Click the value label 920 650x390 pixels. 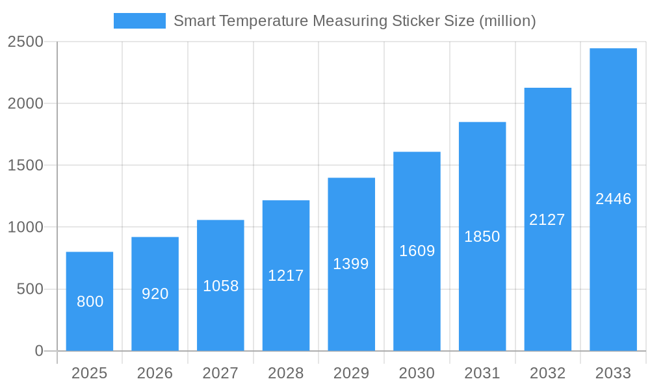(155, 294)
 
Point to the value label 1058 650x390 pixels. (221, 286)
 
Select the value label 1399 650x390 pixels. (351, 264)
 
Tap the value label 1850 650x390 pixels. (482, 237)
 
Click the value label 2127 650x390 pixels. (547, 220)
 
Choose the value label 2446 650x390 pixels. (613, 199)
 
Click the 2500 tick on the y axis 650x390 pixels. (25, 42)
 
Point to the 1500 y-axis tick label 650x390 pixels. (25, 165)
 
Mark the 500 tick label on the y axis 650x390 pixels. (30, 289)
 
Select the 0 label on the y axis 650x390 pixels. (38, 351)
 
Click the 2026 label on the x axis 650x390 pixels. (155, 373)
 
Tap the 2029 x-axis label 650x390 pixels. (351, 373)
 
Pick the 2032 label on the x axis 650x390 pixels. (547, 373)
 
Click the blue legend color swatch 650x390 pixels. (140, 21)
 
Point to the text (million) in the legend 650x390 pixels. (507, 21)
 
